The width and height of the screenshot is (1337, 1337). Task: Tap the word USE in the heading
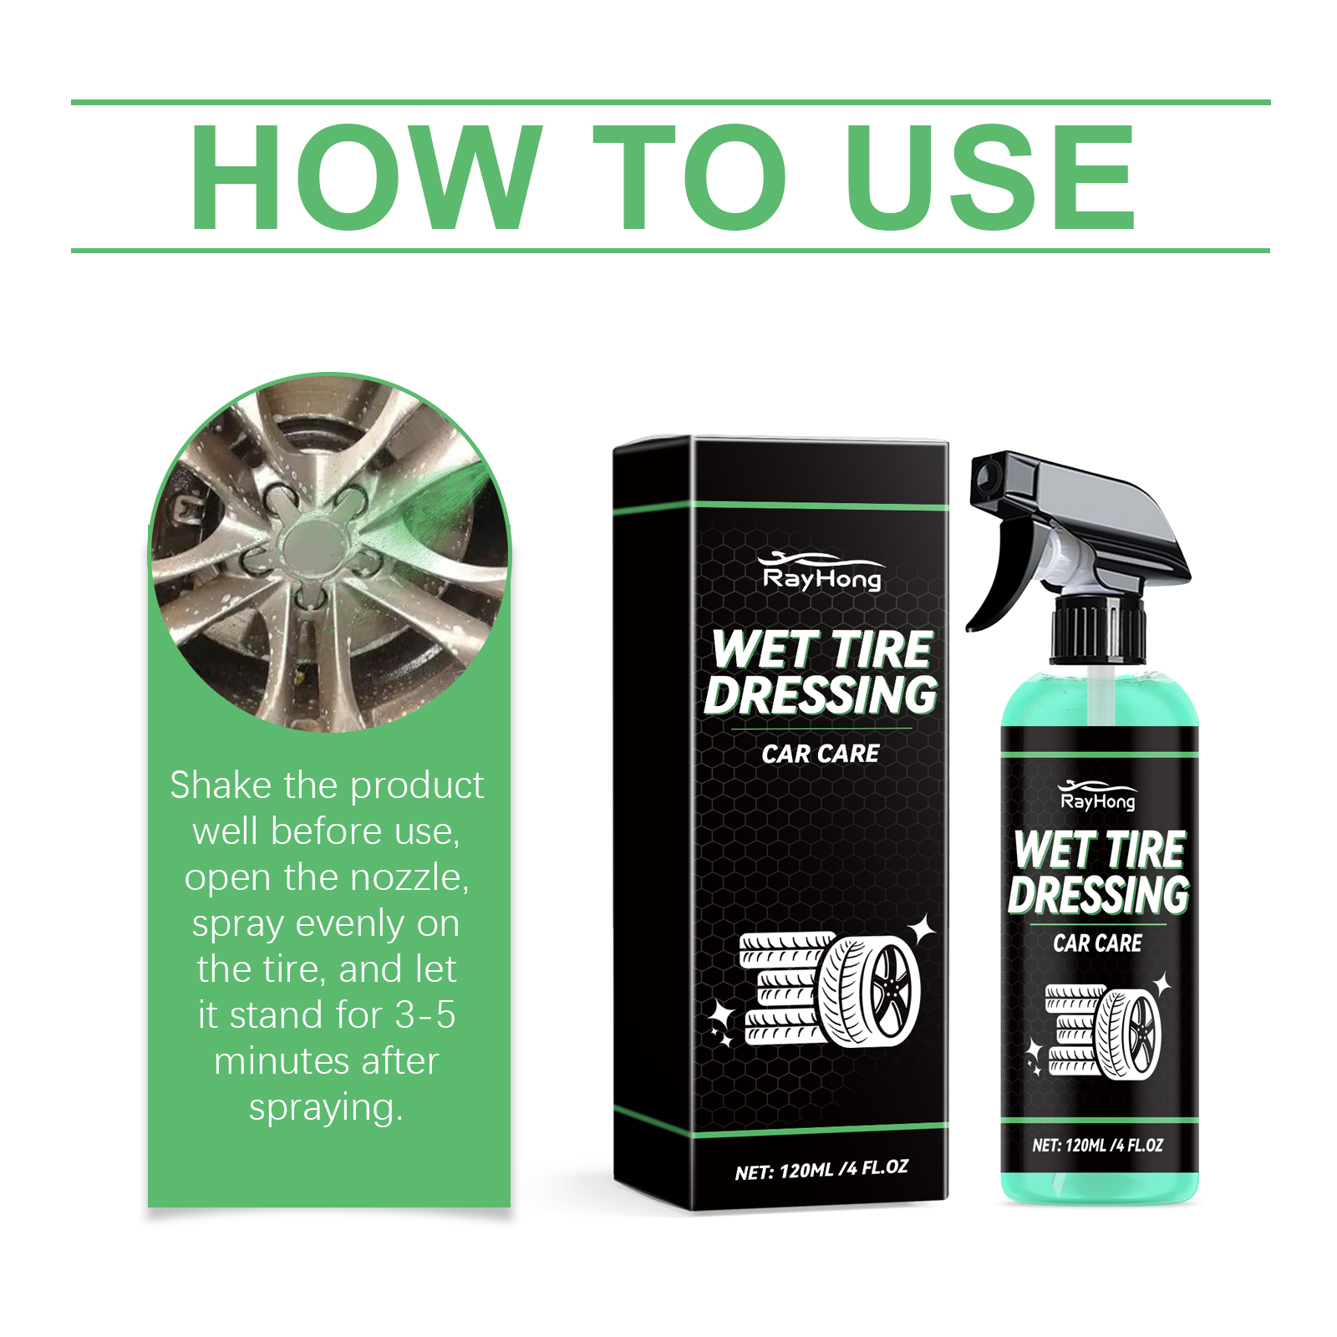pos(990,177)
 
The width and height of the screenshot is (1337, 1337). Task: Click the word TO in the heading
pos(689,177)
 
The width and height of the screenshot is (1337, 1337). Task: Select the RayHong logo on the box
pos(821,572)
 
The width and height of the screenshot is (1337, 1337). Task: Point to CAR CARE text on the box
pos(821,754)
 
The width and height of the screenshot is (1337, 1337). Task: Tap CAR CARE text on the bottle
pos(1097,943)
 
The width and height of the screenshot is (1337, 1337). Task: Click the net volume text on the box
pos(821,1169)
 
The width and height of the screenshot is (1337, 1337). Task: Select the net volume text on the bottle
pos(1097,1145)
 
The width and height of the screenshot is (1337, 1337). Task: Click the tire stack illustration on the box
pos(823,989)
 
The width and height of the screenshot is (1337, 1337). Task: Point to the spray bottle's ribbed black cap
pos(1097,628)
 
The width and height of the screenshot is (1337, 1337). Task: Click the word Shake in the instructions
pos(221,785)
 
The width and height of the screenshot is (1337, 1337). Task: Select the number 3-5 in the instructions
pos(425,1014)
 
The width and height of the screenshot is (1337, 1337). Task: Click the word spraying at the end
pos(326,1108)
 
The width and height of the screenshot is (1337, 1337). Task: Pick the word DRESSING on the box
pos(821,695)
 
